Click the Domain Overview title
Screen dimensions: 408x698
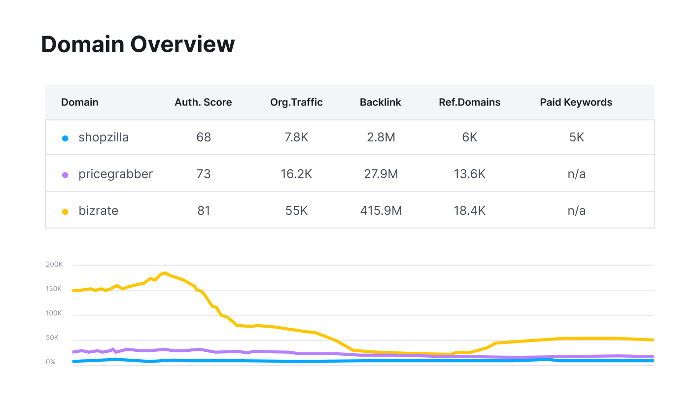(x=138, y=44)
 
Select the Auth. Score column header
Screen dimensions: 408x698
(x=203, y=102)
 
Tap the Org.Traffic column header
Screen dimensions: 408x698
(x=296, y=102)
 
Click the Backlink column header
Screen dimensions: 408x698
(x=380, y=102)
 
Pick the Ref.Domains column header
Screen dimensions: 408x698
(x=469, y=102)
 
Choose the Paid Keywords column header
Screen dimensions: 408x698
(x=576, y=102)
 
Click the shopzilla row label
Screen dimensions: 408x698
(x=104, y=137)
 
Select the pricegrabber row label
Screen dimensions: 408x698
(x=115, y=174)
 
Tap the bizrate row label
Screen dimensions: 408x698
(x=98, y=211)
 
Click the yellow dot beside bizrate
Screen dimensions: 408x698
(x=65, y=212)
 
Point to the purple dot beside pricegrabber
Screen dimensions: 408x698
(x=65, y=175)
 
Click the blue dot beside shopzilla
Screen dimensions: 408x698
(x=65, y=138)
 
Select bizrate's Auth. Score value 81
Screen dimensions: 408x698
(x=203, y=211)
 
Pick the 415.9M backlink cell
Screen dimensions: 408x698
(x=380, y=211)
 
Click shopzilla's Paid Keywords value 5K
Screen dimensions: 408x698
(x=576, y=137)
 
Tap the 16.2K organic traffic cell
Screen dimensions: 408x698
(x=296, y=174)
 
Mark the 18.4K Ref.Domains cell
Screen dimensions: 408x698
(x=469, y=211)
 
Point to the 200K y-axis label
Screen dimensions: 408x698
(x=54, y=265)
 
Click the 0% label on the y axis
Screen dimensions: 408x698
(x=51, y=362)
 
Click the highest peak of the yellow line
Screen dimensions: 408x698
(x=165, y=272)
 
